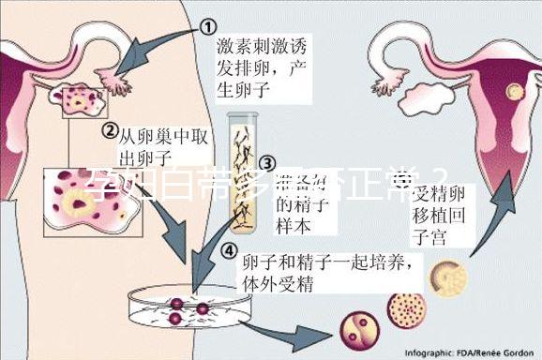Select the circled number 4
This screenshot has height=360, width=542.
tap(229, 250)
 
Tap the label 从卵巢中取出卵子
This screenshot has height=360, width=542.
tap(159, 144)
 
